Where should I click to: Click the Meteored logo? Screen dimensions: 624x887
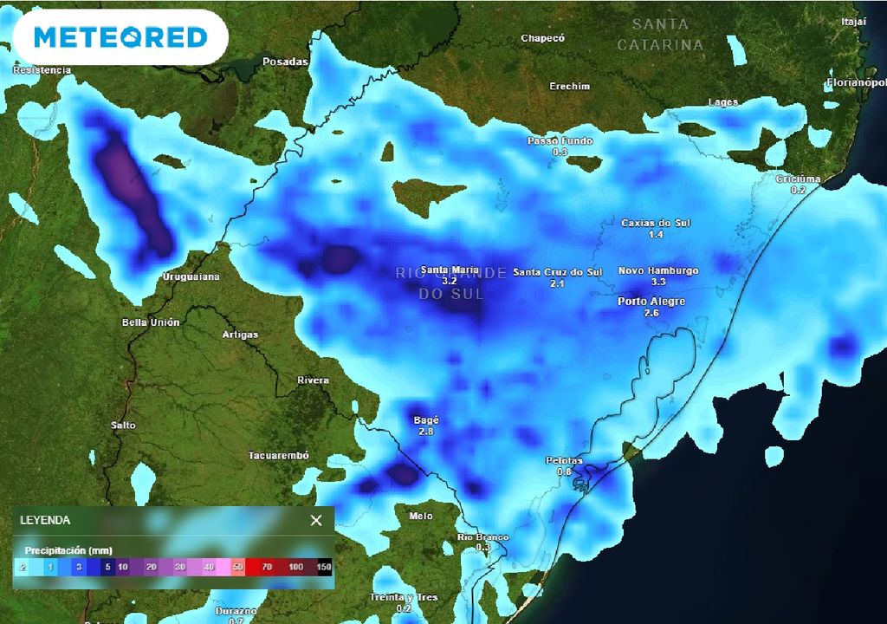pos(120,37)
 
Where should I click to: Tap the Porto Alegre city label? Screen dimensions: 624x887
pos(651,302)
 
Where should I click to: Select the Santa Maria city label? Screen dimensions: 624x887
pos(450,270)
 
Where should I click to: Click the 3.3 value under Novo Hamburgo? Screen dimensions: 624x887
pos(658,282)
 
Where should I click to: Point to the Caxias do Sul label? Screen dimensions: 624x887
pos(656,223)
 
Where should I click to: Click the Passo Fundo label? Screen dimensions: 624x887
pos(560,140)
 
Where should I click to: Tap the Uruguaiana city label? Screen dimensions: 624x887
pos(191,276)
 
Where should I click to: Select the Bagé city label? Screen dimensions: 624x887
pos(425,420)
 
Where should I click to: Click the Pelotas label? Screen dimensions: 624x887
pos(564,460)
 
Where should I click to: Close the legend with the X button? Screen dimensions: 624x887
pos(316,520)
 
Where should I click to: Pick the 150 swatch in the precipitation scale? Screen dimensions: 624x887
pos(324,567)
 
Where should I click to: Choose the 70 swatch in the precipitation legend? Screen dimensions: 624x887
pos(268,567)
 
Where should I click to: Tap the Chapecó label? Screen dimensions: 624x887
pos(542,38)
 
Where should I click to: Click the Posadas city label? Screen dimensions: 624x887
pos(285,62)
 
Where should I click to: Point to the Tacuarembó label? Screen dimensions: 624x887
pos(278,456)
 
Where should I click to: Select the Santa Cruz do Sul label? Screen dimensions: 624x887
pos(557,272)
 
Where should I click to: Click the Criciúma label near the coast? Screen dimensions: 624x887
pos(797,179)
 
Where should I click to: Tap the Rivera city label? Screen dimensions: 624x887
pos(313,380)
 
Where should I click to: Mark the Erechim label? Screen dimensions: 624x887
pos(569,87)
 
